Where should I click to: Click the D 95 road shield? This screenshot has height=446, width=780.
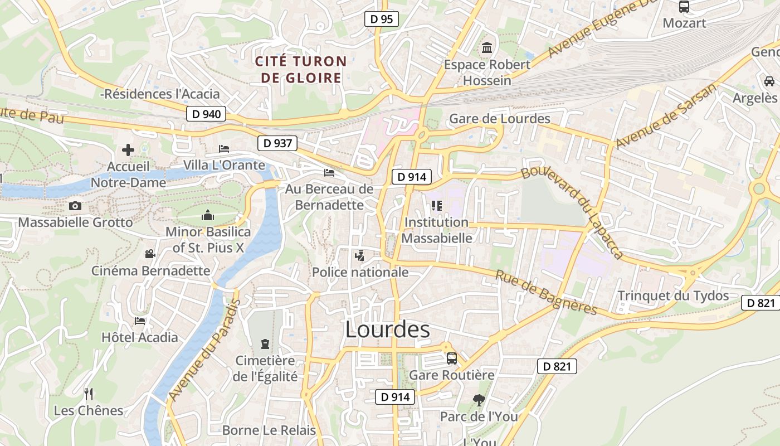tap(382, 19)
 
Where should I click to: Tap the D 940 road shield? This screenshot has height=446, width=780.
tap(206, 114)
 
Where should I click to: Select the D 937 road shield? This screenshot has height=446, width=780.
tap(277, 143)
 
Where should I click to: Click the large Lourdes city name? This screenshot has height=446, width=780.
tap(387, 329)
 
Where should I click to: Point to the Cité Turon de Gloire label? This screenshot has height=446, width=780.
tap(301, 70)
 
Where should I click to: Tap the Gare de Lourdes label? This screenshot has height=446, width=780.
tap(499, 119)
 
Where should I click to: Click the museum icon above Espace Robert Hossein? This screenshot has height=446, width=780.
tap(487, 48)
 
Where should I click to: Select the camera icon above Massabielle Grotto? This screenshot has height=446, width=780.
tap(75, 206)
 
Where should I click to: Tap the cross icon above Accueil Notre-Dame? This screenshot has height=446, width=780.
tap(128, 149)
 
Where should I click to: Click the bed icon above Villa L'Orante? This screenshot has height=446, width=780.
tap(224, 148)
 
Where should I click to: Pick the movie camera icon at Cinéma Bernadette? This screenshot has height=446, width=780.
tap(150, 254)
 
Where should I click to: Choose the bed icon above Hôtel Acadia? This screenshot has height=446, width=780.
tap(140, 321)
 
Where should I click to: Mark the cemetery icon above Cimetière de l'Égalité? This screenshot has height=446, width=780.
tap(265, 343)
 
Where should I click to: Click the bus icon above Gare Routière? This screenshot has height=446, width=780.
tap(452, 358)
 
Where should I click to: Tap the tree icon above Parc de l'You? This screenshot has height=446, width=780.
tap(478, 399)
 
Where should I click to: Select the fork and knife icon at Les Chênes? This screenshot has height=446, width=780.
tap(89, 394)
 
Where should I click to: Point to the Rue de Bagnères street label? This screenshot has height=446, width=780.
tap(546, 293)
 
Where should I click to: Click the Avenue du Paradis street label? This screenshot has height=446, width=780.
tap(204, 350)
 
